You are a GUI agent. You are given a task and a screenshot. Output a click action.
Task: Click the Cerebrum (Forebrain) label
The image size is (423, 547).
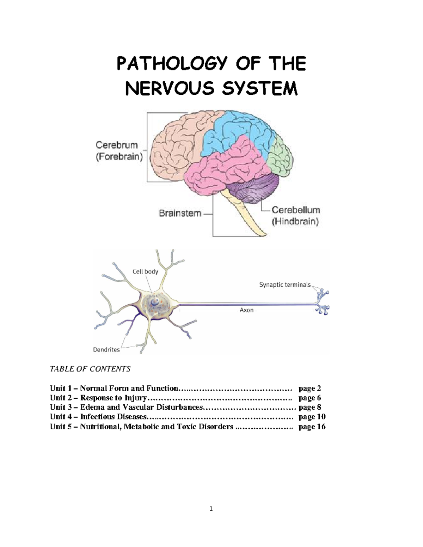pos(119,151)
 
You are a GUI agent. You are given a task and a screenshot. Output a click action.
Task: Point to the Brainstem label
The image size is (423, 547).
pos(180,213)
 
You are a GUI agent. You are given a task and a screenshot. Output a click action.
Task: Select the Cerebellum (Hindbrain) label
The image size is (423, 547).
pos(295,216)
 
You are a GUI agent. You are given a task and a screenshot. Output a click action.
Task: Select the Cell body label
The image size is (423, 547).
pos(145,272)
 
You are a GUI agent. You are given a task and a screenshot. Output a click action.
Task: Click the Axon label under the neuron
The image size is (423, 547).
pos(246,310)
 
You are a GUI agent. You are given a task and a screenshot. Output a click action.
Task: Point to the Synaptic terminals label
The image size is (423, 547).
pos(285,285)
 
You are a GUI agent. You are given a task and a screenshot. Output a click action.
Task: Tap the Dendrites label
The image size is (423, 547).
pos(106,349)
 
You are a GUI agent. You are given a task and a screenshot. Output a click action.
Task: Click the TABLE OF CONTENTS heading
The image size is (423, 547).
pos(90,369)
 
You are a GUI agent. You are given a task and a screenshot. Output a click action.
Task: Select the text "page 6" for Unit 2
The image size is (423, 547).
pos(309,398)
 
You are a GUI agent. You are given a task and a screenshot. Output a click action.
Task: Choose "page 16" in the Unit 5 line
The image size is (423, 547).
pos(312,427)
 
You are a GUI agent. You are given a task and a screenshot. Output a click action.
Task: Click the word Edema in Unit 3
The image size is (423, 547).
pos(92,407)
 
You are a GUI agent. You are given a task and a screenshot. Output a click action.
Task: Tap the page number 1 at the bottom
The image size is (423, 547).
pos(211,508)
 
